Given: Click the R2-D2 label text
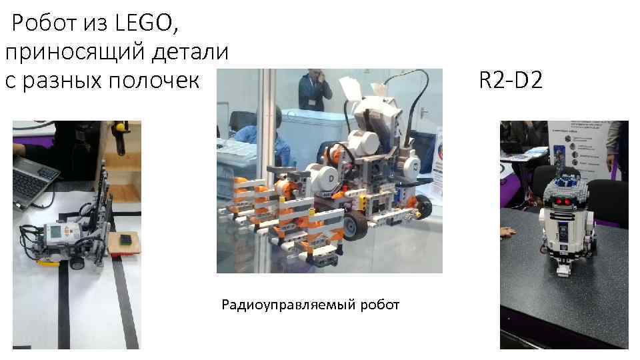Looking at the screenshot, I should pyautogui.click(x=511, y=81).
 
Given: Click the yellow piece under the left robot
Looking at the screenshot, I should pyautogui.click(x=48, y=261).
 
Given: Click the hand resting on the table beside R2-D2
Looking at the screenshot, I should pyautogui.click(x=509, y=232).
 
